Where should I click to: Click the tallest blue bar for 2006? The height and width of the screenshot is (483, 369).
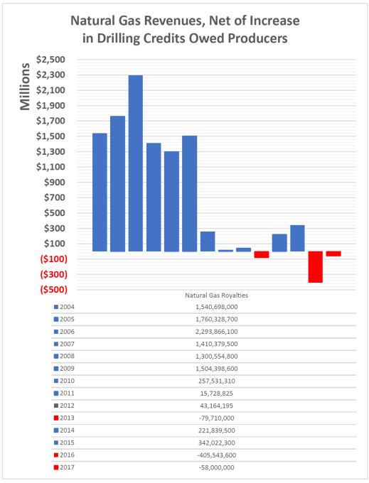coord(135,163)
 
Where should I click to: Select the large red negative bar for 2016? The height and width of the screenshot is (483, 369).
coord(315,266)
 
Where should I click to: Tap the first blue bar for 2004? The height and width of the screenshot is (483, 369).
coord(100,192)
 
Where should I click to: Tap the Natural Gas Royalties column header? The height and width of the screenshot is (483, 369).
coord(216,295)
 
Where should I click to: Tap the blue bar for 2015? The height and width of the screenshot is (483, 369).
coord(297,238)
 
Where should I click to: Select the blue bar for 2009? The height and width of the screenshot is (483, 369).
coord(189,193)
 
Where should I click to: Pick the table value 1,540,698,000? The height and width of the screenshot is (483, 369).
coord(216,307)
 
